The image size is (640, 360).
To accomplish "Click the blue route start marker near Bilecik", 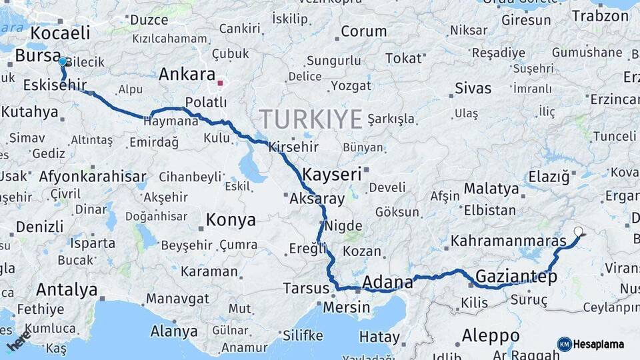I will coord(62,61).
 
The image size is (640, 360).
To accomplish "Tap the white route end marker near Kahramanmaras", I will coord(578,232).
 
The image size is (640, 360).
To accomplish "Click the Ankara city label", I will coord(187,74).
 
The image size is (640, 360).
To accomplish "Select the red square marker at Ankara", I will coord(220,83).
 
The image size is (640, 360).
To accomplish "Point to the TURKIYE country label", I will coord(311,119).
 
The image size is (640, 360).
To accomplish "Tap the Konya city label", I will coord(231,219).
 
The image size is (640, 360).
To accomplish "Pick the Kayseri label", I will coord(331,175).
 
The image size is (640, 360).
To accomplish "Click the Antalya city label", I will coord(67,290).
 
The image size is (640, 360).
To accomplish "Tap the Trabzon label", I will coord(600,15).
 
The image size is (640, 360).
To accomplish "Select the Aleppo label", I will coord(491,335).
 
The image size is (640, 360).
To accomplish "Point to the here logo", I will coord(19,340).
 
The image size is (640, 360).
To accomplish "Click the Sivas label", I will coord(473,87).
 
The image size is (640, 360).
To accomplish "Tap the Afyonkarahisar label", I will coord(92,177).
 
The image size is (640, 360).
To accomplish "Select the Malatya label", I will coord(491,189).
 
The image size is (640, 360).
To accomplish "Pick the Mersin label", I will coord(346,307).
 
